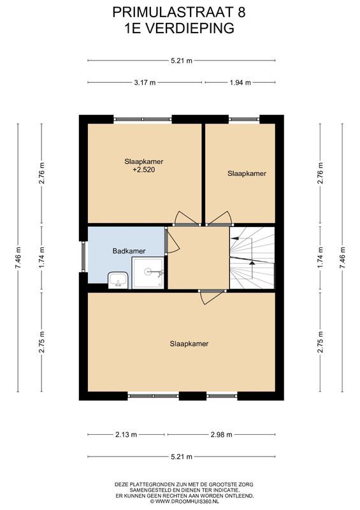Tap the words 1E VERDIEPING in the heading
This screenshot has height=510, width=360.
click(180, 27)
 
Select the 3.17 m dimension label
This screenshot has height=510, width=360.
click(145, 82)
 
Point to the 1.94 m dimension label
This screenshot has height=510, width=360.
click(240, 82)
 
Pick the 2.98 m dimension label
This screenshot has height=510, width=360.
click(220, 435)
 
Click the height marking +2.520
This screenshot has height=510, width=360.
click(143, 170)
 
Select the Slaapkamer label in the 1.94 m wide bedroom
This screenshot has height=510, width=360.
click(247, 173)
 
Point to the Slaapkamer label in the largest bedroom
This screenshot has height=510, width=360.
click(189, 344)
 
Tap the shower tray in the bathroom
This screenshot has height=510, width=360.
click(148, 273)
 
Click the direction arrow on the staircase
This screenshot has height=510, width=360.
click(252, 262)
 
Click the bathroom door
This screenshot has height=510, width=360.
click(167, 242)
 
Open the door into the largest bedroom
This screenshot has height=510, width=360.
click(212, 295)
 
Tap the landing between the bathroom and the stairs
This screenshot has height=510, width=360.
click(198, 258)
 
